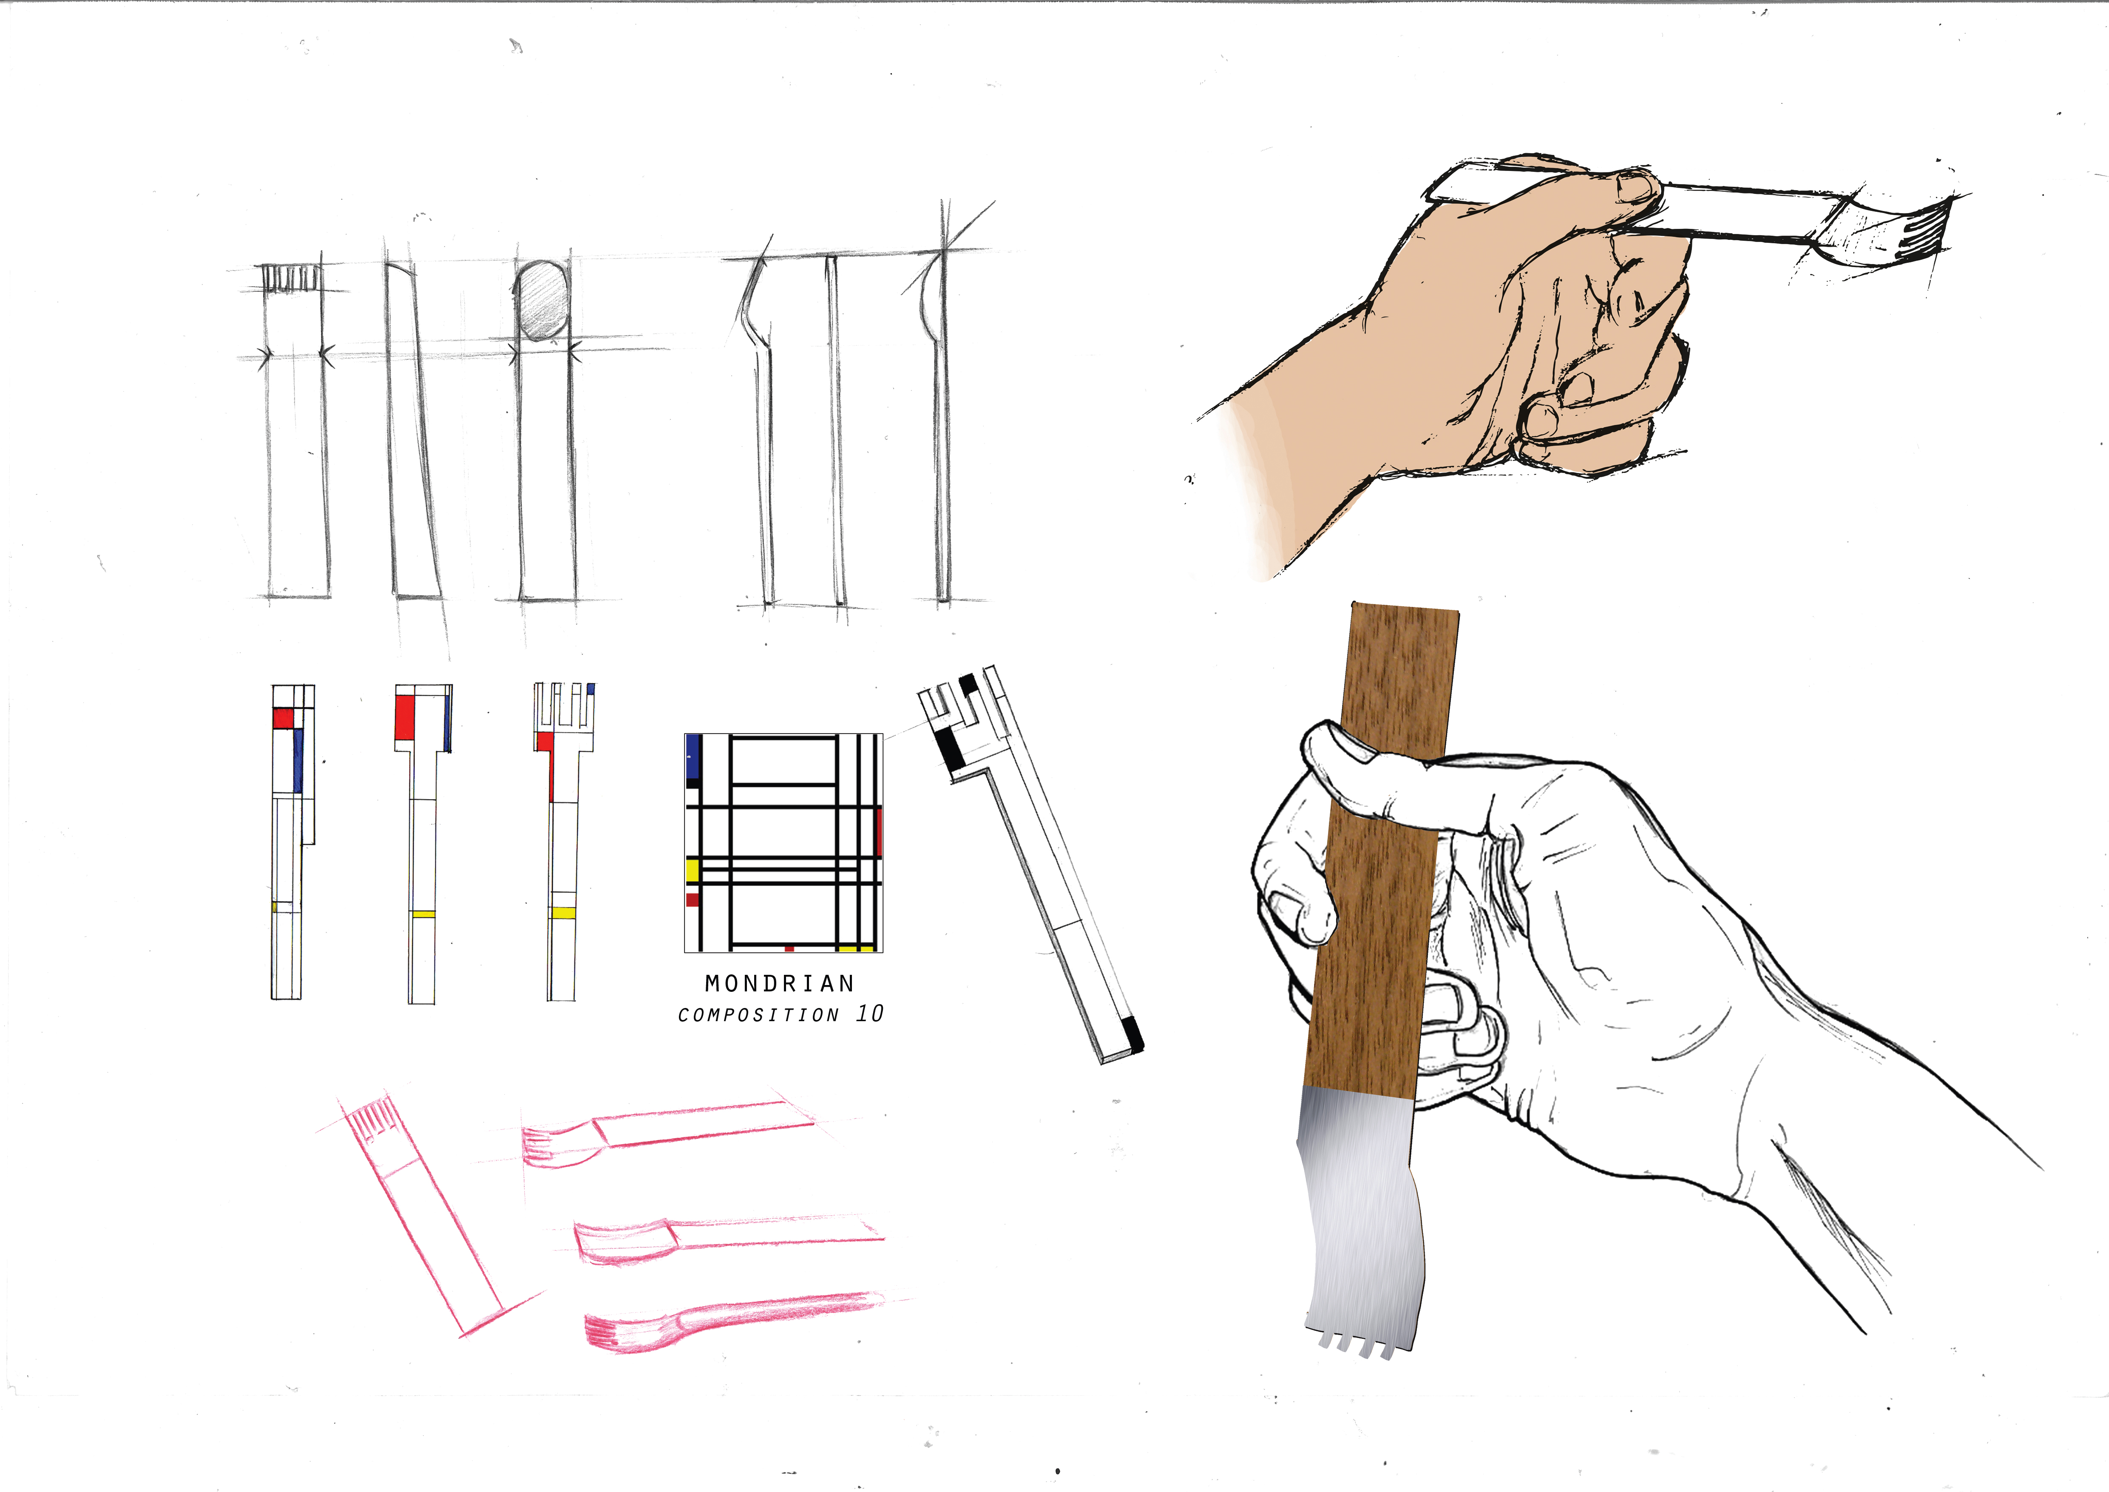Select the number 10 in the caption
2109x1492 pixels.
click(x=869, y=1014)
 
